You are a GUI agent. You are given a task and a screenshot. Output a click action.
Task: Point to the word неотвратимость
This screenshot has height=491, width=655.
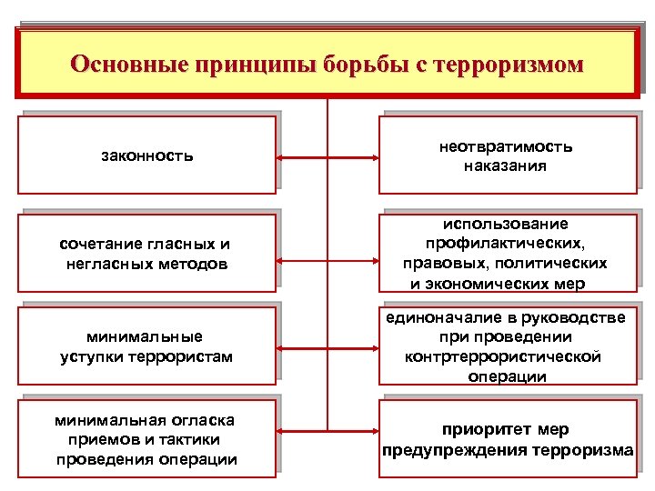[508, 146]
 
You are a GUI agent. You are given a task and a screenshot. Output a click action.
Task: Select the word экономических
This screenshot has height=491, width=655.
[517, 283]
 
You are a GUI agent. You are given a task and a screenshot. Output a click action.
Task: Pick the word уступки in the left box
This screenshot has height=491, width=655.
[96, 356]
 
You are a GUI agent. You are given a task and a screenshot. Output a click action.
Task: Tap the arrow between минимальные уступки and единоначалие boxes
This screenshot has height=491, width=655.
[327, 345]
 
